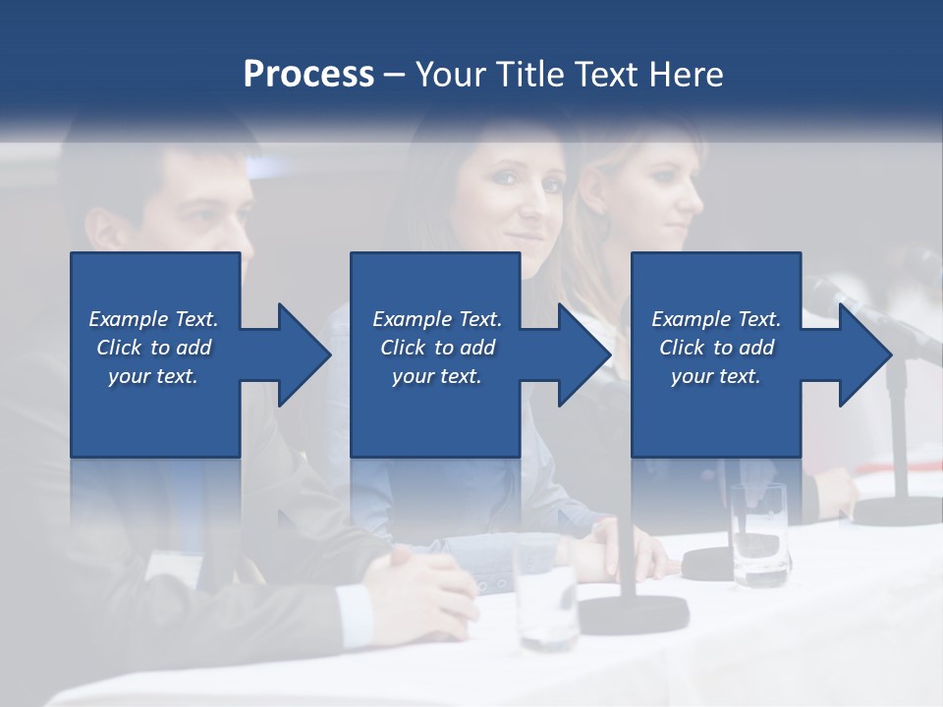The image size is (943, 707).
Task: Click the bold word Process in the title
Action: [308, 75]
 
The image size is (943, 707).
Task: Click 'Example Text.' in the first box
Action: [153, 319]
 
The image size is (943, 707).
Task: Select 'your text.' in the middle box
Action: [436, 376]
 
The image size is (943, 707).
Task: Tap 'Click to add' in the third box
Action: [716, 348]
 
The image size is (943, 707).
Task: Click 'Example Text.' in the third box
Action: [716, 319]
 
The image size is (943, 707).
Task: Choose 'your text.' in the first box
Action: [153, 376]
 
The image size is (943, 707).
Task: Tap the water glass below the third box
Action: [759, 536]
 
